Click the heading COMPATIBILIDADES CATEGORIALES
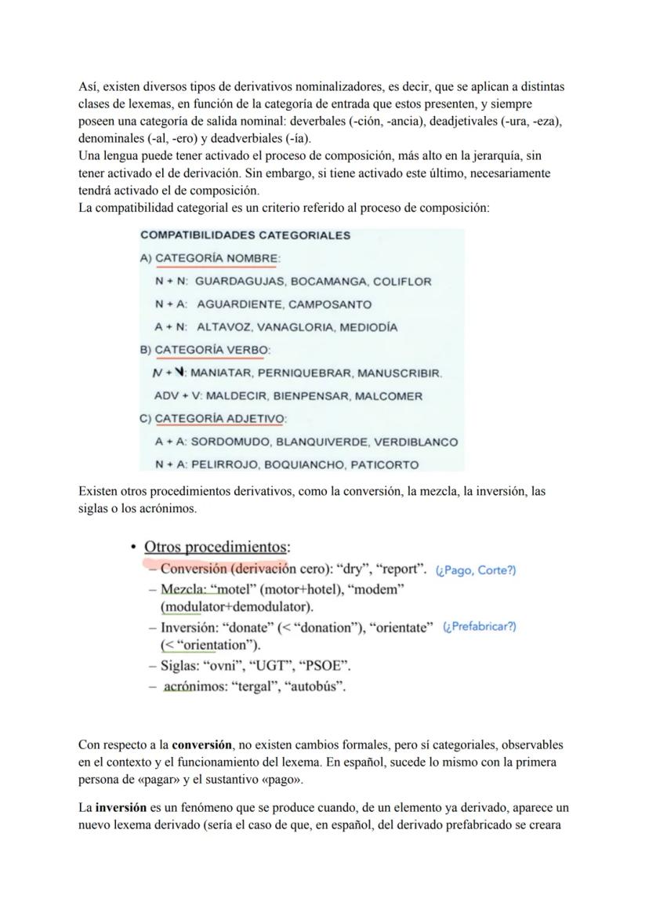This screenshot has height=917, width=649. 245,235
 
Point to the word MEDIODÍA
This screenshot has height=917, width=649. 371,327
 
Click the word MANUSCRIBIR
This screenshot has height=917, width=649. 401,373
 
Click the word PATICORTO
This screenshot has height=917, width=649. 384,465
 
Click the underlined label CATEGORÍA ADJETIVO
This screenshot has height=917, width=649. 220,419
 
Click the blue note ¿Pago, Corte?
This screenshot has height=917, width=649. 475,570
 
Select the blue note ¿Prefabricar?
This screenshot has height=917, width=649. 479,627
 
